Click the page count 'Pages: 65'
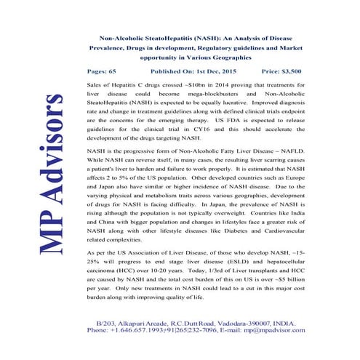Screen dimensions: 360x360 (101, 71)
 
